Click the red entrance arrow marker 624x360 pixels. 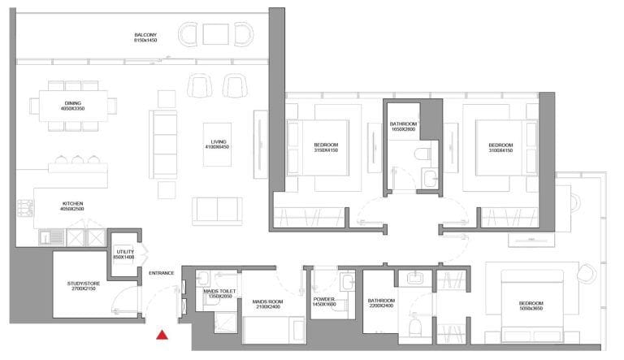(x=163, y=333)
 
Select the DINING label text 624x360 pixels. (x=72, y=105)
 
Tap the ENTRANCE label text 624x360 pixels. (x=161, y=273)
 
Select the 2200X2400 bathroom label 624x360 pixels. (x=380, y=301)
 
